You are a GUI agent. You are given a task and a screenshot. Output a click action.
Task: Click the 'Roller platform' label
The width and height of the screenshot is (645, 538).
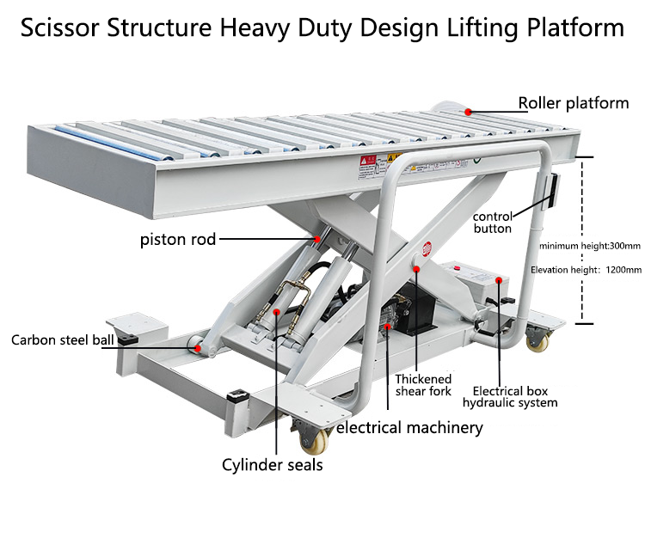pos(573,104)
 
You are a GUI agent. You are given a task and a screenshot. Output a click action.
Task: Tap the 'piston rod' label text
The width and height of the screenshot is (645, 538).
pos(178,239)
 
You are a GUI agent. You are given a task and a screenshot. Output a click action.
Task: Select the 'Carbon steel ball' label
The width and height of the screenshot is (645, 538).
pos(62,340)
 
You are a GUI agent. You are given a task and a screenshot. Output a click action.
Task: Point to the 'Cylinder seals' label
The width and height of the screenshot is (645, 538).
pos(273,465)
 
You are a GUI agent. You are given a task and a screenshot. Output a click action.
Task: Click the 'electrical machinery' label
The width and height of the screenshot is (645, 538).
pos(408,427)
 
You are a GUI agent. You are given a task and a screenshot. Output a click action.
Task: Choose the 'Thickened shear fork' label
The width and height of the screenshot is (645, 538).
pos(423,385)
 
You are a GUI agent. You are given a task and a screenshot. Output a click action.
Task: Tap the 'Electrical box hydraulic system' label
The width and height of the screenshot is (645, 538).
pos(510,396)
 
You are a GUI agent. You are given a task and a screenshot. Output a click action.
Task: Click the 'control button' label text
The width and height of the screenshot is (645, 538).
pos(493,223)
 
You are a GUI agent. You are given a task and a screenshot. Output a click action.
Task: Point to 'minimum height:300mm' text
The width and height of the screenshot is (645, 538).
pos(590,246)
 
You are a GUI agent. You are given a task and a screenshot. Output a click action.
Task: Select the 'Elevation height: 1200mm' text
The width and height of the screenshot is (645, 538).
pos(586,270)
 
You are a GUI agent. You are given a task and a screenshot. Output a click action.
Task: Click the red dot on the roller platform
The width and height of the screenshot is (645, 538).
pos(468,111)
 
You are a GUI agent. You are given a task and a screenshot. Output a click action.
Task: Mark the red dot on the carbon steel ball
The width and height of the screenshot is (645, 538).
pos(202,349)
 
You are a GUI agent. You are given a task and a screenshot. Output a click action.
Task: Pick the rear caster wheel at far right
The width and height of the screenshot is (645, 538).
pos(538,342)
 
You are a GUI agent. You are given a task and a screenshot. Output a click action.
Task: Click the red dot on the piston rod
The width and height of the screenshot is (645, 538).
pos(317,238)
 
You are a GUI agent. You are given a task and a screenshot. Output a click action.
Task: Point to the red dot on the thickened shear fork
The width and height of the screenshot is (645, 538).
pos(416,269)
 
